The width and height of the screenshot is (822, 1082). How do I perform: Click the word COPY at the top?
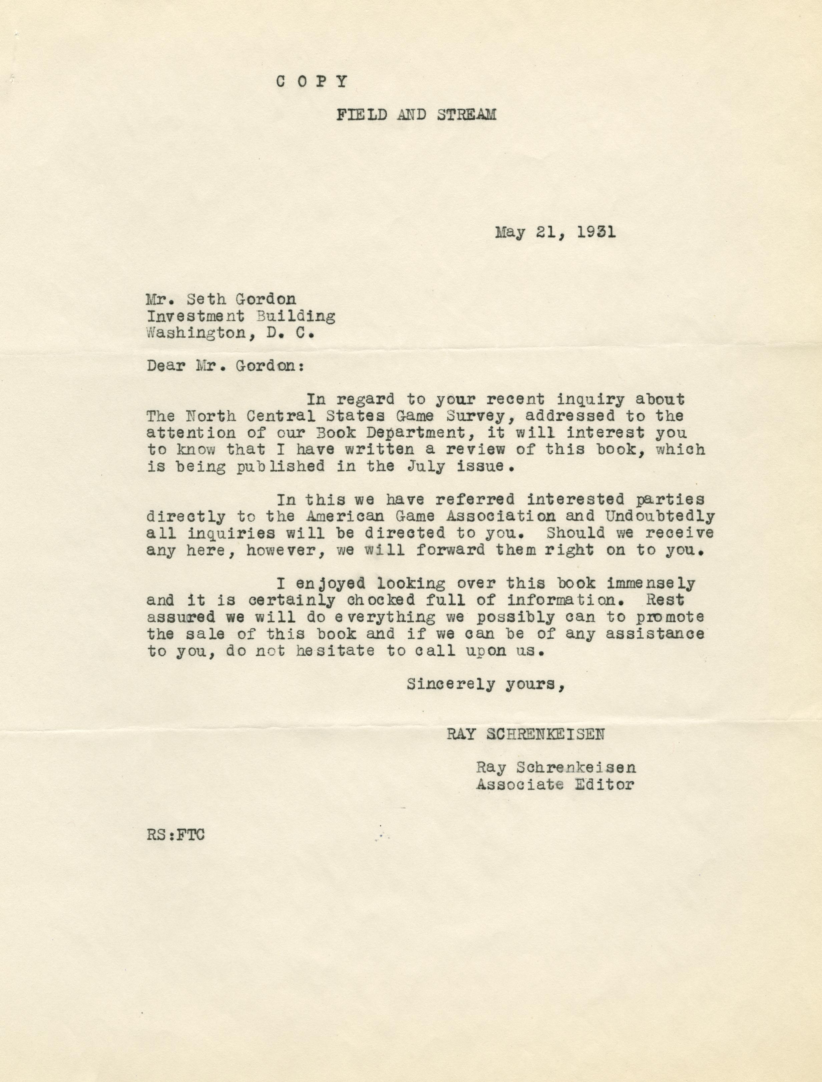coord(312,81)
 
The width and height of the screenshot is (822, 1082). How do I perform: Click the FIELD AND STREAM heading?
coord(416,115)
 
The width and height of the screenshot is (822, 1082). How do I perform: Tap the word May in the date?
coord(511,232)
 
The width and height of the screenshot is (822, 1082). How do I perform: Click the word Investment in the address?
coord(196,316)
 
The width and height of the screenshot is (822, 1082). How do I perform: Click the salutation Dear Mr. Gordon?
coord(226,366)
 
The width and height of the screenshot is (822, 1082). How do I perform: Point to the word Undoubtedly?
coord(660,516)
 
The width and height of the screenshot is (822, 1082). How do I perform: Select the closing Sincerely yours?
coord(486,684)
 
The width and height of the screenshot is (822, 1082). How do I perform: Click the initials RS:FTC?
coord(175,835)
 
